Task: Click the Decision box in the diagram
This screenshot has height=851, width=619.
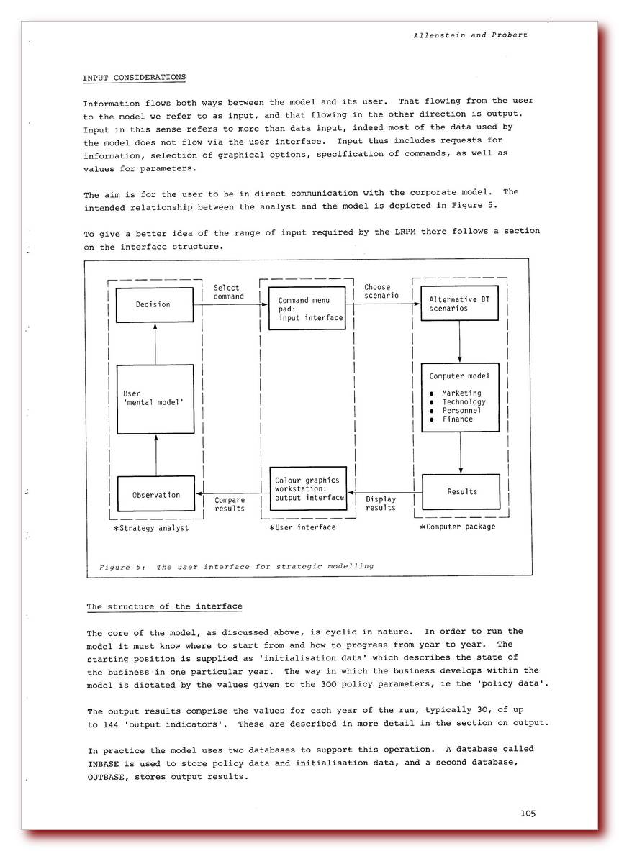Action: pyautogui.click(x=155, y=305)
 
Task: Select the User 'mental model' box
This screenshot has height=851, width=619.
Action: pyautogui.click(x=155, y=399)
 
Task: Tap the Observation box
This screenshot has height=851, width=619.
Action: pyautogui.click(x=155, y=494)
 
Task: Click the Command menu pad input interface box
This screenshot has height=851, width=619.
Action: pyautogui.click(x=307, y=309)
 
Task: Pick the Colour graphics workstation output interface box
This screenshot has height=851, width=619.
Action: pyautogui.click(x=307, y=489)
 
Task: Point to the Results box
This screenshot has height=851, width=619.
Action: pyautogui.click(x=461, y=491)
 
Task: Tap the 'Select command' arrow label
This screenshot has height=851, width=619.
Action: pyautogui.click(x=228, y=292)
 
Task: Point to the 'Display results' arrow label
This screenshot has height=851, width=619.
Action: pyautogui.click(x=381, y=504)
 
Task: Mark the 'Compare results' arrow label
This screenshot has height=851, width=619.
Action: pyautogui.click(x=230, y=504)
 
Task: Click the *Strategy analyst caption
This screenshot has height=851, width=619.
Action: pyautogui.click(x=150, y=529)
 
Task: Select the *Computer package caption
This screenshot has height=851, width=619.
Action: pyautogui.click(x=457, y=527)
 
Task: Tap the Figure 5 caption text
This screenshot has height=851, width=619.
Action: pyautogui.click(x=236, y=566)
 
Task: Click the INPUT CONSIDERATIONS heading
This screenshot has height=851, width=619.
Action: pyautogui.click(x=134, y=78)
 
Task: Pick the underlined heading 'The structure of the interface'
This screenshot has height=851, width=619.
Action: pyautogui.click(x=164, y=606)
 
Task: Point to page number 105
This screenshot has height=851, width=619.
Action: pyautogui.click(x=528, y=814)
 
